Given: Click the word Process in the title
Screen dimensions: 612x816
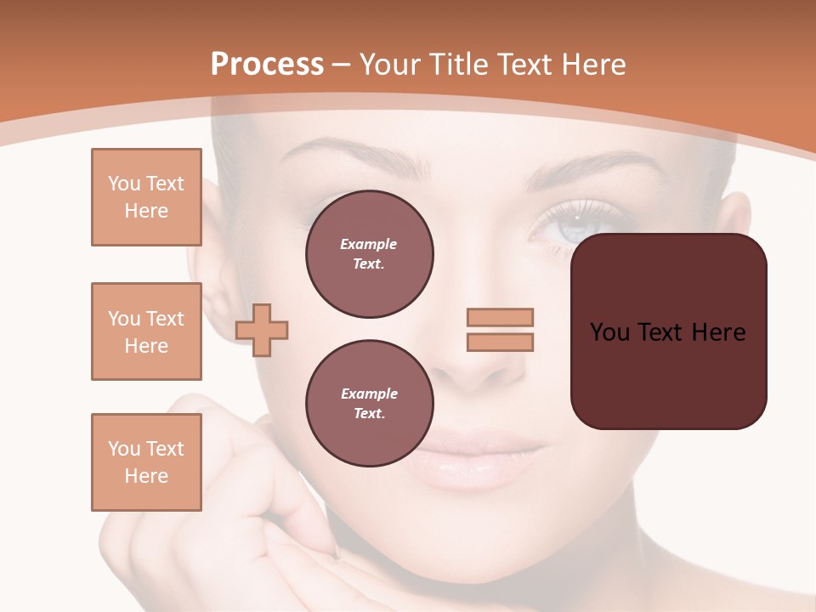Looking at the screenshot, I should pyautogui.click(x=267, y=65).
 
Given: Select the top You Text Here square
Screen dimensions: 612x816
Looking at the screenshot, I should pyautogui.click(x=146, y=197).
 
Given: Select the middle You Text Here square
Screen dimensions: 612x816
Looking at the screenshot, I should pyautogui.click(x=146, y=331).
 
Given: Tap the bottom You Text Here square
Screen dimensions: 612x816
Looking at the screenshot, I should pyautogui.click(x=146, y=462).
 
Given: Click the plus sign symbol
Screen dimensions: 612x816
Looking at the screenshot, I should pyautogui.click(x=262, y=330).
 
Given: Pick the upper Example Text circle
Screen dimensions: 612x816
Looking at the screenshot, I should pyautogui.click(x=369, y=254).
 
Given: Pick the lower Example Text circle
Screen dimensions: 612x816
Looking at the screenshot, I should pyautogui.click(x=369, y=404).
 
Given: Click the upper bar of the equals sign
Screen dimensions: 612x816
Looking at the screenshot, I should pyautogui.click(x=500, y=318).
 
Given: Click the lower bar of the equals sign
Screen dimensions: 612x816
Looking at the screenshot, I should pyautogui.click(x=500, y=343).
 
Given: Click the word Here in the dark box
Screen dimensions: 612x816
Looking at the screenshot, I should pyautogui.click(x=718, y=332).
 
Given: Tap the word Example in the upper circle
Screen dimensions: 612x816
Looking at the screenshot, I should pyautogui.click(x=369, y=245).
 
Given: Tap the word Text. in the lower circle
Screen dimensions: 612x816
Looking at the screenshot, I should pyautogui.click(x=369, y=414).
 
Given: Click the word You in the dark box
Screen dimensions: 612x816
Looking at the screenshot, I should pyautogui.click(x=610, y=332).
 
